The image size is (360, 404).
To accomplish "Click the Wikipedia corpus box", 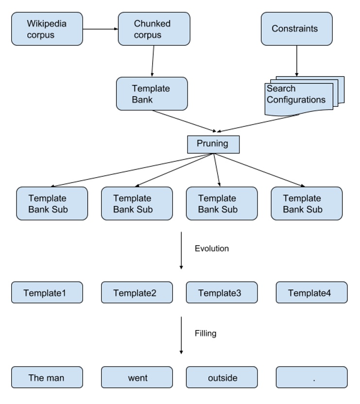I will [47, 29].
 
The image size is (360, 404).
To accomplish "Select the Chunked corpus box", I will [154, 29].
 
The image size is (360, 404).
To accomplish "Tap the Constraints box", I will [296, 29].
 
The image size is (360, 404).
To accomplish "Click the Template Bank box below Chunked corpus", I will [152, 94].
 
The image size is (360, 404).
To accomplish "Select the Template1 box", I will [47, 293].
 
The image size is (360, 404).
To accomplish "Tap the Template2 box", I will [137, 293].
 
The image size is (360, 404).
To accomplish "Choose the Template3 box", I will [222, 293].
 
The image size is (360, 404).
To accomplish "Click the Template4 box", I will [311, 293].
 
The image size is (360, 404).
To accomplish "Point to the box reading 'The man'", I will [47, 378].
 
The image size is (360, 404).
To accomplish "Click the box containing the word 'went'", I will [137, 378].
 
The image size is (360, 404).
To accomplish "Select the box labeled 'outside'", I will [222, 378].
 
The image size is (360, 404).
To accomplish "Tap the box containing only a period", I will [311, 378].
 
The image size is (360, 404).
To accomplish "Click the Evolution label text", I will [212, 249].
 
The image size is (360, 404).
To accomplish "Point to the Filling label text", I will [206, 334].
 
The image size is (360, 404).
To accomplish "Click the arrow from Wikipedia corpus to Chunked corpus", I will [101, 29].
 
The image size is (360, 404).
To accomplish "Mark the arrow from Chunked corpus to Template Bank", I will [153, 61].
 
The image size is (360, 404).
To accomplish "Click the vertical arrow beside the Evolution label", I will [181, 250].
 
